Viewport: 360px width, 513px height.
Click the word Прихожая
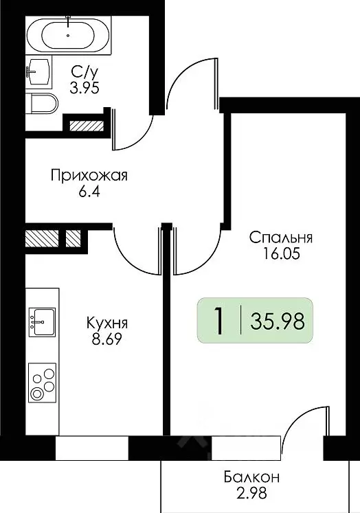pos(89,176)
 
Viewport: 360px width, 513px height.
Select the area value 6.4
pos(89,194)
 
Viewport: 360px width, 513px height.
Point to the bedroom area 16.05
pos(281,255)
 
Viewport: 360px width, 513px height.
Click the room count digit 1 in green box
pos(218,321)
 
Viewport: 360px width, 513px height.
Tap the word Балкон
pos(251,476)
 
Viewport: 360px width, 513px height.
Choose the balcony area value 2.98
pos(251,493)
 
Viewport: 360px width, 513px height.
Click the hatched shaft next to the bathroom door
pos(85,126)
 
